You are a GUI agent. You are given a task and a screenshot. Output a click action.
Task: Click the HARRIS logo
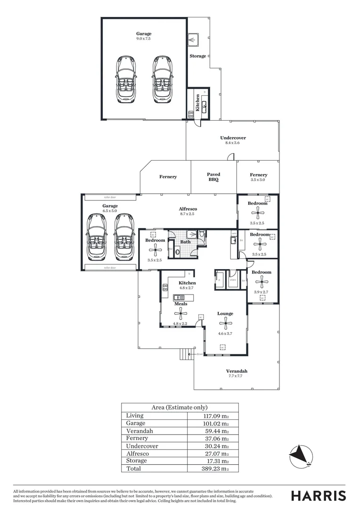point(319,496)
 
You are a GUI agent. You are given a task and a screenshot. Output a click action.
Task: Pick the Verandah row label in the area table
point(139,431)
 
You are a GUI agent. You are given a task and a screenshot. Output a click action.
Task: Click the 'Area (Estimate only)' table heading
point(180,408)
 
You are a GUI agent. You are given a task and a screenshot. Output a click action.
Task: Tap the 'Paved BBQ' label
point(213,177)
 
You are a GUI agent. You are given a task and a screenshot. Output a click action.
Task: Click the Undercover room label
point(233,138)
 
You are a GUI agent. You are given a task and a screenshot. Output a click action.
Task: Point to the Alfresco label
point(188,209)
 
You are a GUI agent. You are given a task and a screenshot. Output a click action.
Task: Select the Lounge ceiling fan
point(226,323)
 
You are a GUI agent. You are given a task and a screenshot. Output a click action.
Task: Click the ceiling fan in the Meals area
point(180,313)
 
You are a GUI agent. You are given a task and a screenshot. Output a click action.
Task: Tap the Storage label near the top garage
point(198,56)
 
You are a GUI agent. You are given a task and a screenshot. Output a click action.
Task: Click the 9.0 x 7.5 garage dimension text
point(144,39)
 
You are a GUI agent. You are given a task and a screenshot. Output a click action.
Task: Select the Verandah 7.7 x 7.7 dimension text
point(236,377)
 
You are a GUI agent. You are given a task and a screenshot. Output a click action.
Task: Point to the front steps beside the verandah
point(186,353)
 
